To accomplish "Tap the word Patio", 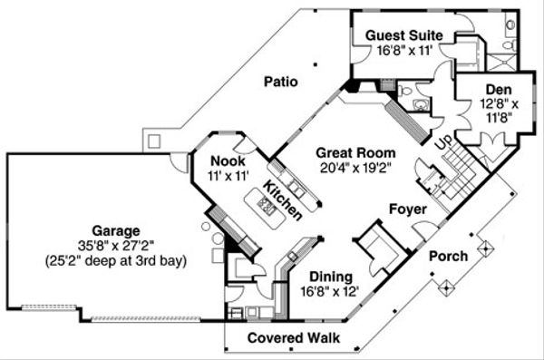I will click(x=281, y=81).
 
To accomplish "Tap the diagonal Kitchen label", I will click(x=283, y=199).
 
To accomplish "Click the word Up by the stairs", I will click(x=443, y=143).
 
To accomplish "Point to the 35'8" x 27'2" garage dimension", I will click(x=115, y=245).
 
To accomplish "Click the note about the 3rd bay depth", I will click(x=115, y=260).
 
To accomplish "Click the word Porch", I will click(x=448, y=257).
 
